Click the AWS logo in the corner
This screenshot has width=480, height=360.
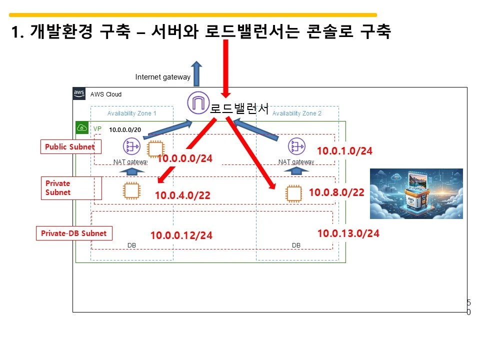[79, 93]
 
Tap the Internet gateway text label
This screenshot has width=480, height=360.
[162, 77]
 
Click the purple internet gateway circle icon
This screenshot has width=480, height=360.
[197, 103]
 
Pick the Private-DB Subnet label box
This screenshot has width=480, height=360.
[74, 233]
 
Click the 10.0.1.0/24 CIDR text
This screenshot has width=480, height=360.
[345, 151]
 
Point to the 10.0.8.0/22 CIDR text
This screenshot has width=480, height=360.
[336, 192]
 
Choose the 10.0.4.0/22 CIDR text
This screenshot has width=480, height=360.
[182, 195]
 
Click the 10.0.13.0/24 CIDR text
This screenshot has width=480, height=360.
[348, 233]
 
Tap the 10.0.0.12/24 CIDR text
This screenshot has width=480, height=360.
[181, 235]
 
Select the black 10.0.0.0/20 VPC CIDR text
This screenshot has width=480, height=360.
[125, 129]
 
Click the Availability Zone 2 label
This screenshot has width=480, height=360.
[297, 113]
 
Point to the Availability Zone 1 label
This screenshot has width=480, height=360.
[132, 113]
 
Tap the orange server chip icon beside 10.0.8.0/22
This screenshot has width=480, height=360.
[293, 193]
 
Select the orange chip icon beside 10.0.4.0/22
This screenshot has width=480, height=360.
[131, 190]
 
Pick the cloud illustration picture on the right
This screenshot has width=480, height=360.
[416, 193]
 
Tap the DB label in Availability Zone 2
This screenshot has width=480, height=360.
[296, 245]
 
